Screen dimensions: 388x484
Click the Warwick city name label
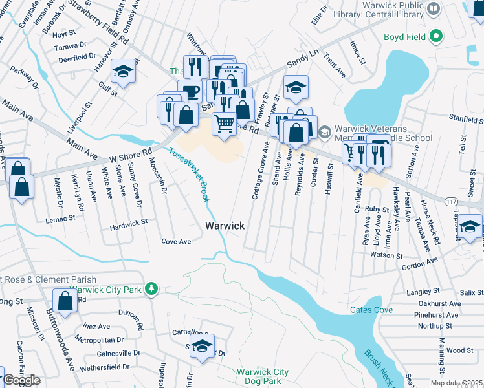coord(225,226)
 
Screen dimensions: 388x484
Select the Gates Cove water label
coord(371,310)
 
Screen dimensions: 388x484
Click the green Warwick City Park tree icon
coord(151,288)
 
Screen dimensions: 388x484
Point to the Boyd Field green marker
coord(436,37)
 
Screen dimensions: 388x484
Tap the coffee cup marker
coord(190,91)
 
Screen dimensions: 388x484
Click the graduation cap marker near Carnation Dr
coord(202,345)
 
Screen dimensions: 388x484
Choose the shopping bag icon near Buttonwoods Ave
coord(65,299)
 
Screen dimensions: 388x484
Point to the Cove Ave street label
coord(176,241)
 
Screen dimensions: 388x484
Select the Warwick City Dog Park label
coord(262,376)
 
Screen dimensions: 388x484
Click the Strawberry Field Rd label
coord(107,23)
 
